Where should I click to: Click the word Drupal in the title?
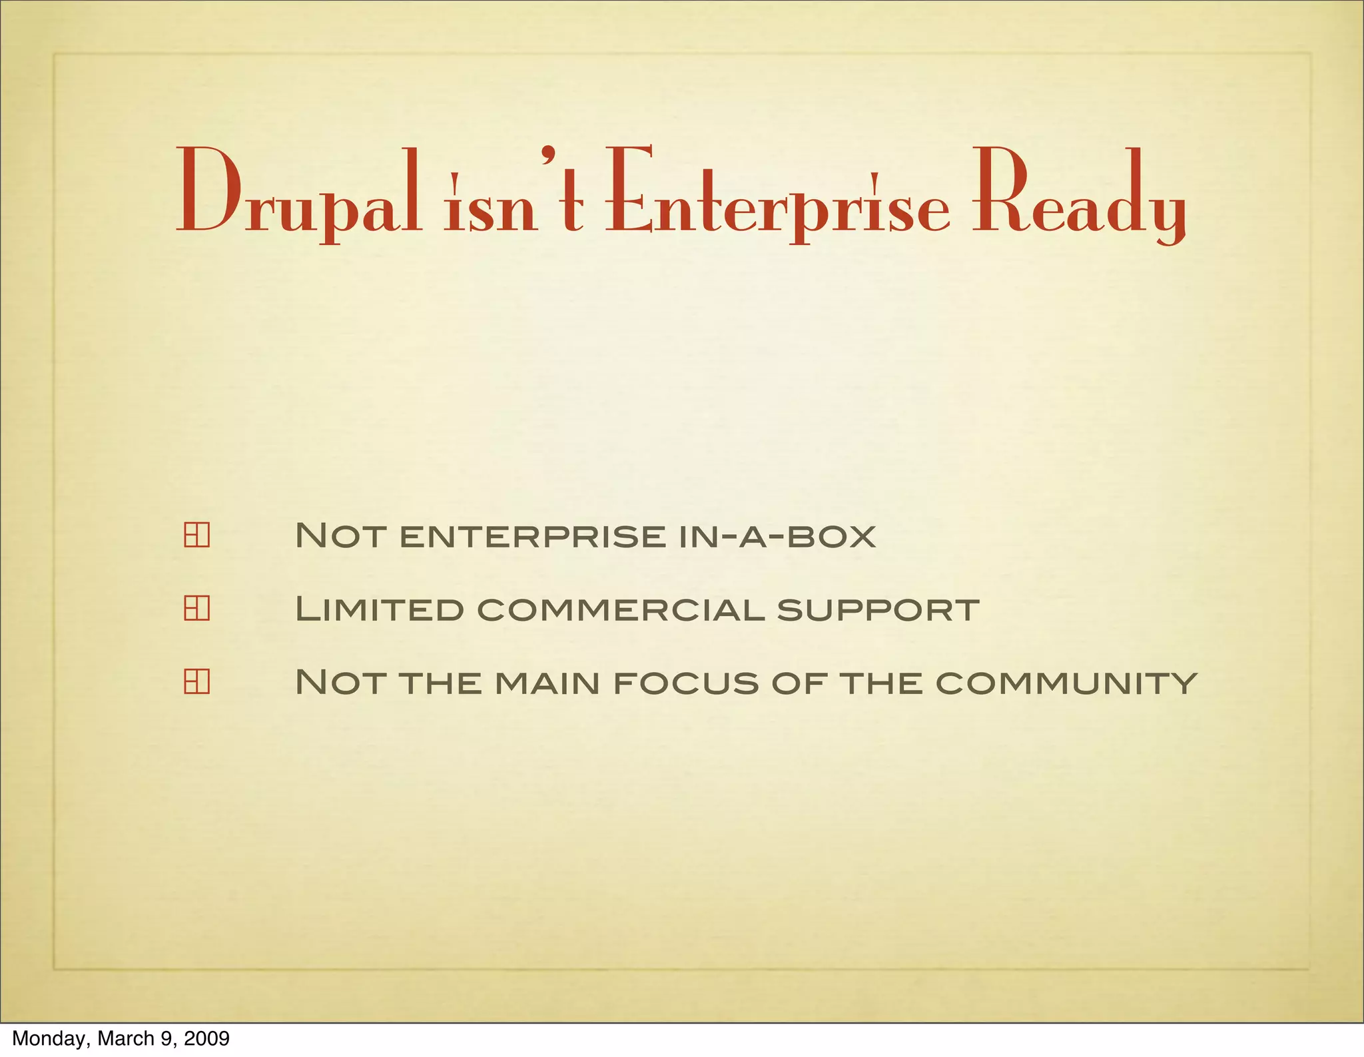298,194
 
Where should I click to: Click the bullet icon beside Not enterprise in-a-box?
196,535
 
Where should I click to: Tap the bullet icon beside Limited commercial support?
196,608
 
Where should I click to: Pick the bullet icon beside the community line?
196,681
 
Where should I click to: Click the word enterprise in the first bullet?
532,536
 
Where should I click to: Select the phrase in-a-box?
777,536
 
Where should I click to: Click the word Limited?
379,609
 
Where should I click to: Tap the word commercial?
621,609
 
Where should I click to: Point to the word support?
878,609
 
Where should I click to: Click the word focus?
685,683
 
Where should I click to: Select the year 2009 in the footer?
206,1038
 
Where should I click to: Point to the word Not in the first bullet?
340,536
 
